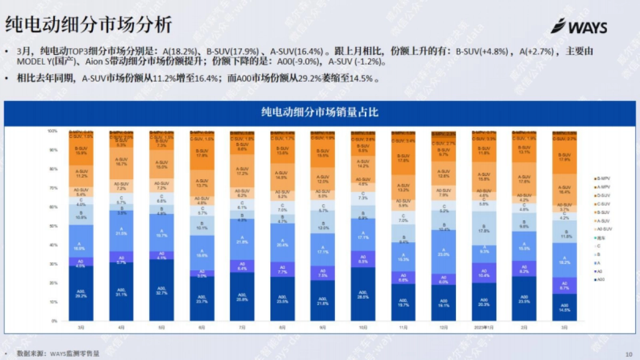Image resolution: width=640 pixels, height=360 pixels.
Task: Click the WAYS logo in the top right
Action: click(579, 26)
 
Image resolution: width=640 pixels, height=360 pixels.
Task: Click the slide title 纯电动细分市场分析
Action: click(89, 25)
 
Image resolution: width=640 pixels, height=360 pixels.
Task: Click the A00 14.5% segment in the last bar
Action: click(564, 307)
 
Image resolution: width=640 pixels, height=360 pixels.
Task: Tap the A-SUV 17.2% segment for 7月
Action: click(242, 171)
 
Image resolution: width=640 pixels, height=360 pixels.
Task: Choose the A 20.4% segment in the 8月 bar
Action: click(283, 243)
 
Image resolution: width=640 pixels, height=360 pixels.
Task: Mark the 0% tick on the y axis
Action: click(53, 321)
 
